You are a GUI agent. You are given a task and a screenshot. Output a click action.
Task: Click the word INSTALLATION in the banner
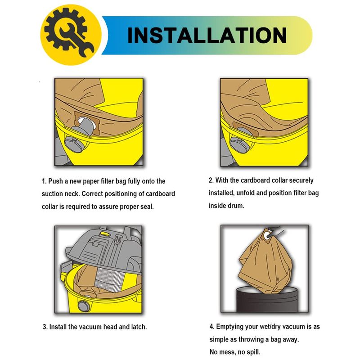[207, 35]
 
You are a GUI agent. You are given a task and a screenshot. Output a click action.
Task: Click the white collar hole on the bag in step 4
[267, 235]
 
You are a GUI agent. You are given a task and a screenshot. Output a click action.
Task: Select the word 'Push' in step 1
[55, 181]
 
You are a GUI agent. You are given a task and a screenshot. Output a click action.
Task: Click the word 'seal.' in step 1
[147, 207]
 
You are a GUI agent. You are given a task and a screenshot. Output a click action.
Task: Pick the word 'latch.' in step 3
[139, 327]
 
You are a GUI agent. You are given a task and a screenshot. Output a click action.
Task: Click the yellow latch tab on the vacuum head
[104, 234]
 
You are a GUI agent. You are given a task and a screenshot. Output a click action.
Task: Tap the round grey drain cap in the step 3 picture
[84, 306]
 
